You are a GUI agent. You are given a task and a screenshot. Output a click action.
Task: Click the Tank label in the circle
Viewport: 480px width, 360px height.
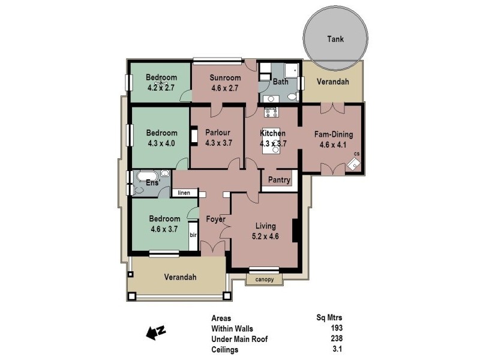[335, 39]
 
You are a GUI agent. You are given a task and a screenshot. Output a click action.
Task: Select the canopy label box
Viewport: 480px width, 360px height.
[264, 279]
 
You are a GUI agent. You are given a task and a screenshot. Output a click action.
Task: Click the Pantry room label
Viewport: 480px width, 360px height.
[280, 180]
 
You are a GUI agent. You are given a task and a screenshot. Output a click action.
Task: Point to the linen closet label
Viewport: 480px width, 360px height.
[183, 193]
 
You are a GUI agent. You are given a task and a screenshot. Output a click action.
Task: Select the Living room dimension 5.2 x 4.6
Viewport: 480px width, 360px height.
[265, 236]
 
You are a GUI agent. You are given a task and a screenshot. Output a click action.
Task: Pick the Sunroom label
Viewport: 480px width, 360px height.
[225, 78]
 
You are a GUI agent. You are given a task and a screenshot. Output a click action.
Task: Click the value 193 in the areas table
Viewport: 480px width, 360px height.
[337, 329]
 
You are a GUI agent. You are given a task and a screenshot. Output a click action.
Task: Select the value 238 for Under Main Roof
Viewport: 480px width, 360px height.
[337, 338]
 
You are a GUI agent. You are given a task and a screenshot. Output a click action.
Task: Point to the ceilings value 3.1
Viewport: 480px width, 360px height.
[338, 348]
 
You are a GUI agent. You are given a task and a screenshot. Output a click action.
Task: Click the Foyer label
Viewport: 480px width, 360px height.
[215, 219]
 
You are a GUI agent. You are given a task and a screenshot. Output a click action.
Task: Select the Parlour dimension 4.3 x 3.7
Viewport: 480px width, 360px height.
[218, 143]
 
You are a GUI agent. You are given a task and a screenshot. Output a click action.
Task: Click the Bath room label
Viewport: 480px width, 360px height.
[280, 82]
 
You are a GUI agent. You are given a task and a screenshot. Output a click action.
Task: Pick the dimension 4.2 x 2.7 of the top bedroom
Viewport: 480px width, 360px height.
[161, 87]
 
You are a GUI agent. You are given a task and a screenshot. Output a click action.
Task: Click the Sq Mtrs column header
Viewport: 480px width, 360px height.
[329, 319]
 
